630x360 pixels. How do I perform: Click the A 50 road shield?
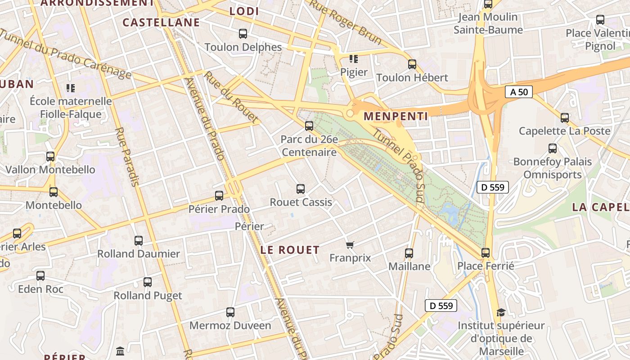pos(518,92)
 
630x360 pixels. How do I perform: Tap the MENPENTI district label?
pos(396,116)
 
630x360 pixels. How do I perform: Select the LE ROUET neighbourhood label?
pos(290,250)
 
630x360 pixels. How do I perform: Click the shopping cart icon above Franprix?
pos(350,245)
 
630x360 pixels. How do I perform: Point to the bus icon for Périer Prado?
pos(219,196)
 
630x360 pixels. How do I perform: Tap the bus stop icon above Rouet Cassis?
pos(301,189)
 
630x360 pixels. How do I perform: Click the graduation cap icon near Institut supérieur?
pos(500,312)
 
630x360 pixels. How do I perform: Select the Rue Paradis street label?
pos(127,157)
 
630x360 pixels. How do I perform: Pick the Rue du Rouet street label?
pos(231,97)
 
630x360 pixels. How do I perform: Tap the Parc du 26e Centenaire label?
pos(309,146)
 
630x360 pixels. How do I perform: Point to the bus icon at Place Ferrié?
pos(486,253)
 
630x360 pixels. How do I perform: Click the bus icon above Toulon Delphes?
pos(243,34)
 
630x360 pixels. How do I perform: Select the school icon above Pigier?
pos(354,59)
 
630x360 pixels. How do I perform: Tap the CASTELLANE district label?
pos(161,22)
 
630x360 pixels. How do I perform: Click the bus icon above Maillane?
pos(409,253)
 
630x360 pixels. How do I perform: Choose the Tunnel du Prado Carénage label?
pos(65,54)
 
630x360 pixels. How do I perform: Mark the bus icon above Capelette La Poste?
pos(565,118)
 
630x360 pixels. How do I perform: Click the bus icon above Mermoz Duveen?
pos(230,312)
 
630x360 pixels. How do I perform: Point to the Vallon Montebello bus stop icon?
pos(50,157)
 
